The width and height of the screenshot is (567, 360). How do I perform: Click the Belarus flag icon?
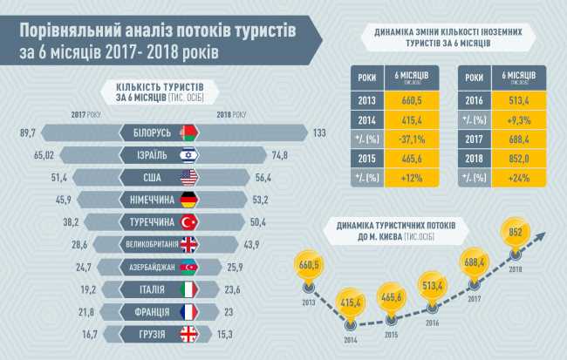(x=188, y=132)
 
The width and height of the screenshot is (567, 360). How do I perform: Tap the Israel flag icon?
(x=188, y=154)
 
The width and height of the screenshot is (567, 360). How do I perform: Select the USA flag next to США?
(x=189, y=177)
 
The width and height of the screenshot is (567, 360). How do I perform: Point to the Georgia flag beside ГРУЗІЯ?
(x=189, y=333)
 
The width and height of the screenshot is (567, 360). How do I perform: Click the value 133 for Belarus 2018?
(x=318, y=132)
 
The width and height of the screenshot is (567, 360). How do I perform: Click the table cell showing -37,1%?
(x=412, y=139)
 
